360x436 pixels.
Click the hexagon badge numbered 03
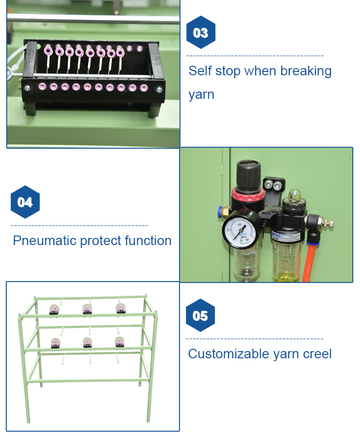pyautogui.click(x=201, y=33)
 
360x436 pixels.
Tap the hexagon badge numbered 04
pyautogui.click(x=25, y=202)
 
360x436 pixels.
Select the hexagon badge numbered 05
pyautogui.click(x=200, y=316)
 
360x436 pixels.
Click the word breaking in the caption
pyautogui.click(x=306, y=71)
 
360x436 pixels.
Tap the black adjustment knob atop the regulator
pyautogui.click(x=248, y=175)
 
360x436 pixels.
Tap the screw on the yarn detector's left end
pyautogui.click(x=27, y=88)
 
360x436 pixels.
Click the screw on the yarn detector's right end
pyautogui.click(x=159, y=88)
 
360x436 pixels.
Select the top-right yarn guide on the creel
pyautogui.click(x=120, y=308)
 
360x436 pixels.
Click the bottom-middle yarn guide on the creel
pyautogui.click(x=87, y=342)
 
